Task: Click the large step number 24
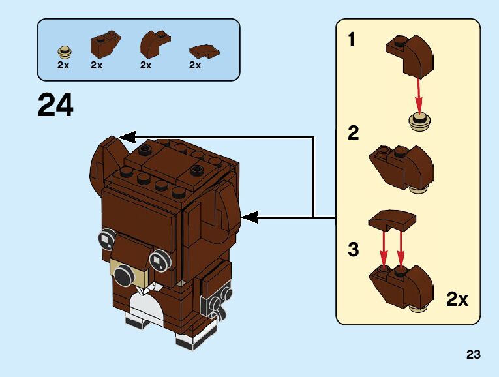pos(55,105)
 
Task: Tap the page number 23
pos(474,355)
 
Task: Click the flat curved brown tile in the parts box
pos(204,51)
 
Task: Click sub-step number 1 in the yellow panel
pos(352,40)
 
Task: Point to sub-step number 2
pos(353,134)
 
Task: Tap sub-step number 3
pos(353,249)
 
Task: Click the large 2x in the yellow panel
pos(457,299)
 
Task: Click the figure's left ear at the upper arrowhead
pos(104,163)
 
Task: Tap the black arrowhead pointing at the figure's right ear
pos(250,216)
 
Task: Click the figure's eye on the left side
pos(106,239)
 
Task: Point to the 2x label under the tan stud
pos(63,65)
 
